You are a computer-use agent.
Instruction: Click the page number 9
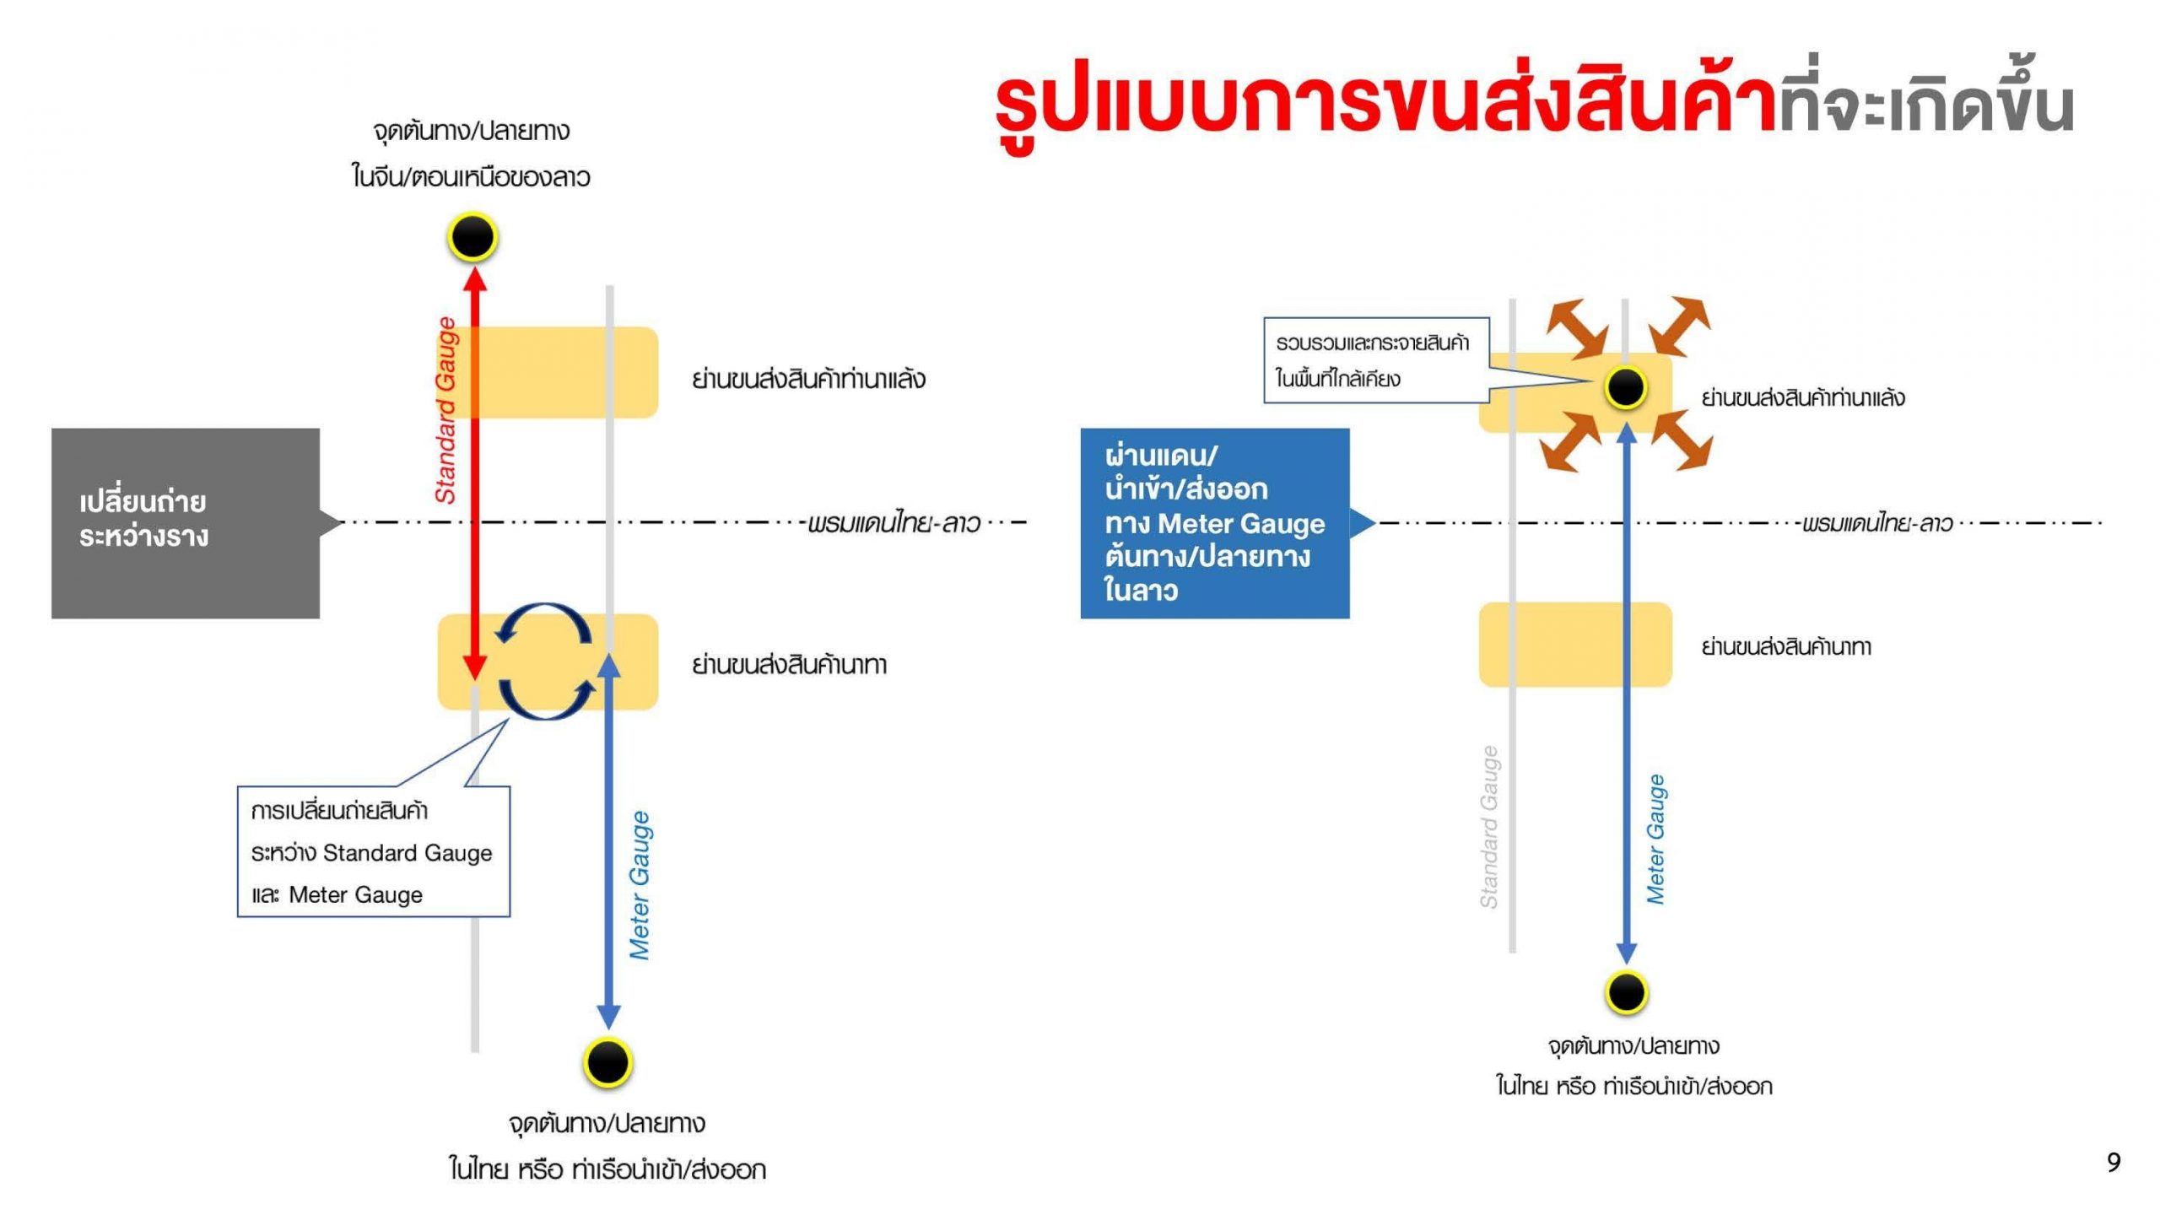click(2113, 1163)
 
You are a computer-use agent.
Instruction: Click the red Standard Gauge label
click(445, 411)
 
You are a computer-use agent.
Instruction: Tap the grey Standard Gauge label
click(1489, 827)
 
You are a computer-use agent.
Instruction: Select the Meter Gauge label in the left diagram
click(640, 885)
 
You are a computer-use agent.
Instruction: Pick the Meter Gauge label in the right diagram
click(1656, 840)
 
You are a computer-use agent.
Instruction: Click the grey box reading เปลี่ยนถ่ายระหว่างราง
click(186, 523)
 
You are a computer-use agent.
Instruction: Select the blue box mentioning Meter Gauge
click(1214, 523)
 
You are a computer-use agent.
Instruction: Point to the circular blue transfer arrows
click(544, 661)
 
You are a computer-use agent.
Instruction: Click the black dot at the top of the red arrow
click(472, 237)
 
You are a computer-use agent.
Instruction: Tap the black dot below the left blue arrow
click(607, 1061)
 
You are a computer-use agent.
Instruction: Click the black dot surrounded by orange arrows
click(1626, 387)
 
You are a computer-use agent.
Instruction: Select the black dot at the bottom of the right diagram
click(1626, 992)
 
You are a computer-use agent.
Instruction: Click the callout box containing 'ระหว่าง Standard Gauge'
click(373, 851)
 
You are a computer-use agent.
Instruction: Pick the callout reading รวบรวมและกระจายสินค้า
click(1375, 360)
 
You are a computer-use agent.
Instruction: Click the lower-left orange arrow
click(1570, 441)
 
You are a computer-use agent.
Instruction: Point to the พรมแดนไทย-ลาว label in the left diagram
click(894, 524)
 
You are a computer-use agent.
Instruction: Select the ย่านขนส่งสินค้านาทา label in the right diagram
click(1786, 647)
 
